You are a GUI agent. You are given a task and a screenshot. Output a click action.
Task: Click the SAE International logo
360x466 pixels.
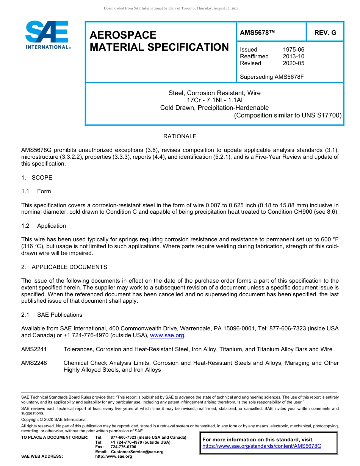(47, 35)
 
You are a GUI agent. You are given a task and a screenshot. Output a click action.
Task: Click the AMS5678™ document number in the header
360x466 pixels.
(257, 33)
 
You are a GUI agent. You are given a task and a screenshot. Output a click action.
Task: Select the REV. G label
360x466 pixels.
(325, 33)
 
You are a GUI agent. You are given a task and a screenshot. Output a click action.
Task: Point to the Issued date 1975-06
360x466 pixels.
(293, 50)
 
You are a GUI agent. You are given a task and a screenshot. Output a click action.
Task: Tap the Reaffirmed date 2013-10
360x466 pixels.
(293, 56)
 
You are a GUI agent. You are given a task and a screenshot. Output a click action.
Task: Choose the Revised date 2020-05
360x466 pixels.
(293, 63)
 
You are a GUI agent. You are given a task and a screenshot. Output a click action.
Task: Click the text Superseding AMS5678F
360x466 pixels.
(272, 77)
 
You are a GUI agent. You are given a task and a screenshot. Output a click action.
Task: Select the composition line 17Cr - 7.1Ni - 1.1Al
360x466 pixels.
(214, 100)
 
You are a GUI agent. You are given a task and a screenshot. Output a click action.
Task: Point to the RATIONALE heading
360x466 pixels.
(180, 136)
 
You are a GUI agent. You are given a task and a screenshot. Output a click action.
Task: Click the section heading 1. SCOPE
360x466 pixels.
(37, 178)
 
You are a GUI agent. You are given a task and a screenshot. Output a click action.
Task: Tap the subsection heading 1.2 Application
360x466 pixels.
(44, 226)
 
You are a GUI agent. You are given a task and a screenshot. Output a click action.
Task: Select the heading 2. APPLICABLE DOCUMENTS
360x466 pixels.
(64, 267)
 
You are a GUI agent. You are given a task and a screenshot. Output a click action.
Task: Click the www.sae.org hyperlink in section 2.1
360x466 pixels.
(167, 336)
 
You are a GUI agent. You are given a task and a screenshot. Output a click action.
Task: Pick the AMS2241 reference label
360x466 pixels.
(34, 349)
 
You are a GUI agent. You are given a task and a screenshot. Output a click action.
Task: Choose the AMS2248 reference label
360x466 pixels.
(34, 363)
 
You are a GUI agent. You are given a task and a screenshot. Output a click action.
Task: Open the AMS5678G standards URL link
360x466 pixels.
(262, 446)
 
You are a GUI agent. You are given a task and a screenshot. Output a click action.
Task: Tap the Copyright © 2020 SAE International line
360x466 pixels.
(54, 419)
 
